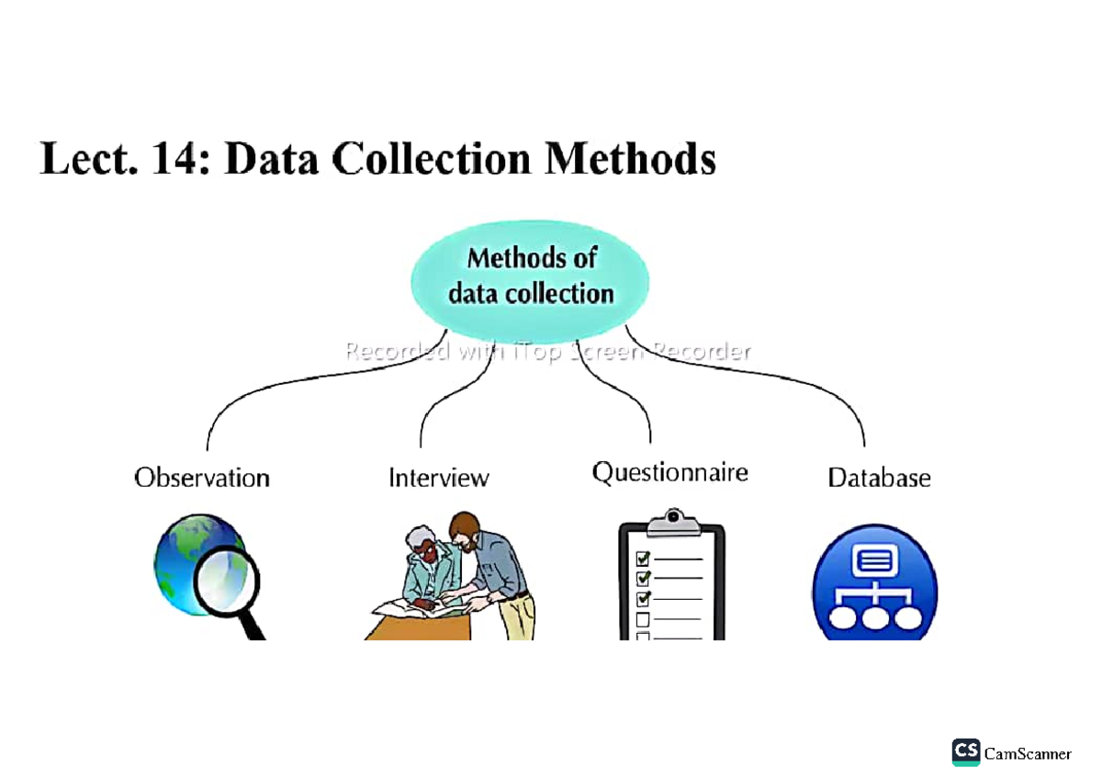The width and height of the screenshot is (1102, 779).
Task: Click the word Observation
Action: coord(202,478)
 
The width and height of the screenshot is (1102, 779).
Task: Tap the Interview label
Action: coord(439,478)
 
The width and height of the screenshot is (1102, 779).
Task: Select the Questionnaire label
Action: coord(669,472)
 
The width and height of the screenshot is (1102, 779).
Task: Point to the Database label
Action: coord(879,478)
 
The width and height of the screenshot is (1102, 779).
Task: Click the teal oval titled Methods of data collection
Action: coord(530,276)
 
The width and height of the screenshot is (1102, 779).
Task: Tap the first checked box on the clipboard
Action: coord(643,558)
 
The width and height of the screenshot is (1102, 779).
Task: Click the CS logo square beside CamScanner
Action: coord(966,751)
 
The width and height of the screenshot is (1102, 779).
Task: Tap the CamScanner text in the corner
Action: coord(1028,753)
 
